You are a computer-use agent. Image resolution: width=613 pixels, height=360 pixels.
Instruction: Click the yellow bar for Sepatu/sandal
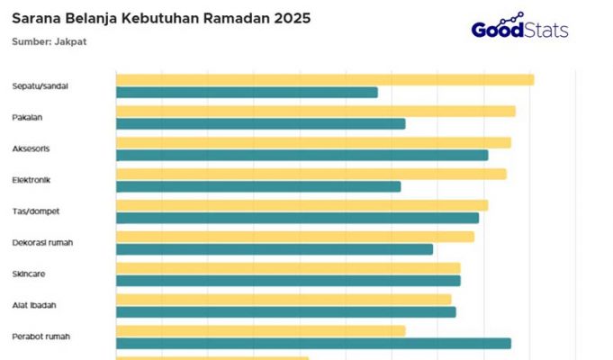(x=324, y=79)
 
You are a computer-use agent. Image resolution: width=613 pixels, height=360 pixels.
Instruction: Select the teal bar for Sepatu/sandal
(x=247, y=92)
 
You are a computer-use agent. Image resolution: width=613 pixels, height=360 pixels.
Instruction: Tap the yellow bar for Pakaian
(x=315, y=111)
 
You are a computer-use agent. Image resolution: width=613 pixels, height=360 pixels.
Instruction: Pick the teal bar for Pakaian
(x=260, y=123)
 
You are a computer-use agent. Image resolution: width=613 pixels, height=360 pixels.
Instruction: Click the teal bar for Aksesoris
(x=302, y=155)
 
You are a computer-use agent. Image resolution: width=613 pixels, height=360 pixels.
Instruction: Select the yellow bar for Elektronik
(x=311, y=174)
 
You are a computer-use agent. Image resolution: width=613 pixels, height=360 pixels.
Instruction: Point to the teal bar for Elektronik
(x=258, y=186)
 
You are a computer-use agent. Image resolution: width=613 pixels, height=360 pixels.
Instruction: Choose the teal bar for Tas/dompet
(x=297, y=218)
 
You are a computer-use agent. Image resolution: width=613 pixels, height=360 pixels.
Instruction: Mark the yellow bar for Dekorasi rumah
(x=294, y=237)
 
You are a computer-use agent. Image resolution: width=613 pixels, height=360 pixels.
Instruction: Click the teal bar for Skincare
(x=288, y=281)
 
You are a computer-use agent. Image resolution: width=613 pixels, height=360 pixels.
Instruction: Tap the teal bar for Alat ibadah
(x=285, y=312)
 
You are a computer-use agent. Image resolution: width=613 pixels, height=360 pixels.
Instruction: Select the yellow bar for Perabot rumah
(x=260, y=330)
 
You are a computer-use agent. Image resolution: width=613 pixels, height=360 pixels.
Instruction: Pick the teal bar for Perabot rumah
(x=313, y=343)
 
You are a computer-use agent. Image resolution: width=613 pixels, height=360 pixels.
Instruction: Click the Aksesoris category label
(x=32, y=148)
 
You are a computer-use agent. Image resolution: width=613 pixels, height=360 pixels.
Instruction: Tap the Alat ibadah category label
(x=35, y=305)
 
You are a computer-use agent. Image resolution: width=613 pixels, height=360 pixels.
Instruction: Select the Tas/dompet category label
(x=35, y=211)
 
